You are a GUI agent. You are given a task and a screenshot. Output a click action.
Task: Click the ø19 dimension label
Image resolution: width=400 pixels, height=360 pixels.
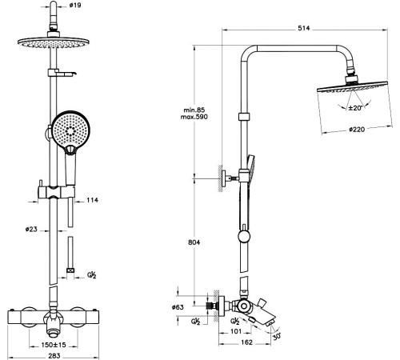point(75,5)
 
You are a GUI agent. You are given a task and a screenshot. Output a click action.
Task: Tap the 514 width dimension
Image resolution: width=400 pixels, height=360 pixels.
point(304,28)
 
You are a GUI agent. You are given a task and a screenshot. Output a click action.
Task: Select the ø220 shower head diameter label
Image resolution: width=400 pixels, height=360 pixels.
point(357,130)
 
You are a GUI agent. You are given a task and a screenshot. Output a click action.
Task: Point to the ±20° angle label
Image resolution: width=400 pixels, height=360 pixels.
point(355,108)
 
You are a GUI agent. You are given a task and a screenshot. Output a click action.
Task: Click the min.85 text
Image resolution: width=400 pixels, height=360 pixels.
point(194,110)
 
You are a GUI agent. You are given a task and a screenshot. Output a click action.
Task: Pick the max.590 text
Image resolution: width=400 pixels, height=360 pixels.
point(194,117)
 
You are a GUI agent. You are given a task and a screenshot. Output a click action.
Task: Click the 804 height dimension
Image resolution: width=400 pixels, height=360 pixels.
point(194,242)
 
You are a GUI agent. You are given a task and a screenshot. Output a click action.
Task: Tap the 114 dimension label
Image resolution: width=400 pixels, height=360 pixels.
point(92,200)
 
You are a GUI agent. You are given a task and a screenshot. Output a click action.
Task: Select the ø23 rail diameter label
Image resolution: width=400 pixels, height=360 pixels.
point(31,229)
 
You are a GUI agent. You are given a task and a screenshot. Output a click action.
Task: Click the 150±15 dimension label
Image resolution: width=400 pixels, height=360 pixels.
point(54,345)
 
